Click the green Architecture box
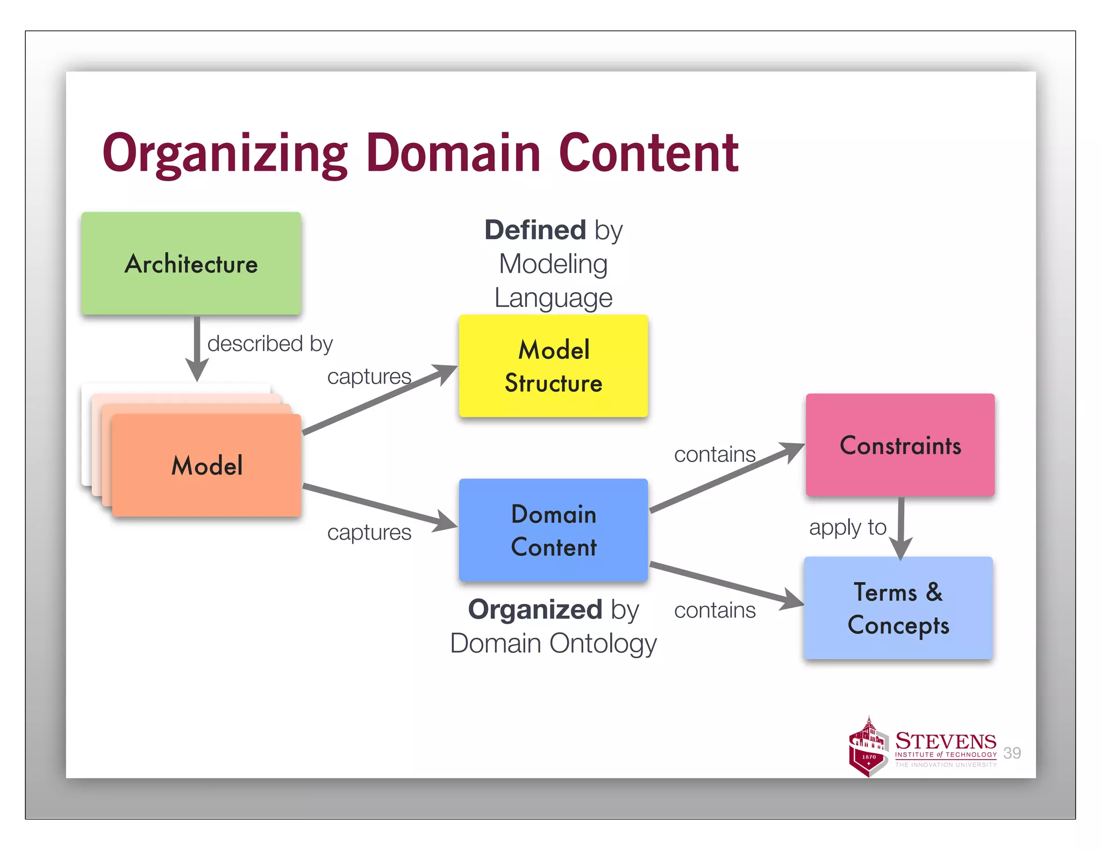191,263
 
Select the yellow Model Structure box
553,366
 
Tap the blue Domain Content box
553,530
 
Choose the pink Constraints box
900,445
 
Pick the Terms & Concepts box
898,608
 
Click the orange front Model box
206,465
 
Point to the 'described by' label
270,343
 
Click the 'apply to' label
847,527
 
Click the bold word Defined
535,230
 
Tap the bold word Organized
535,609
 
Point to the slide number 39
1012,753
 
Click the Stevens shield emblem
868,748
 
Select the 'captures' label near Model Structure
369,376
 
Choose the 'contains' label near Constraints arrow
714,455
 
